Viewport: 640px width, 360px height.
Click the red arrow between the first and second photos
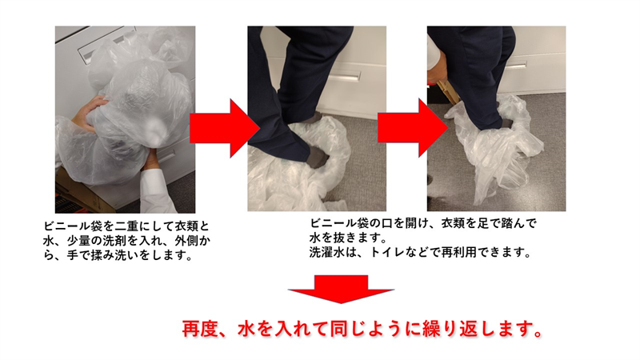click(225, 128)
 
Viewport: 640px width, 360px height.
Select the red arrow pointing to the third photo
click(412, 128)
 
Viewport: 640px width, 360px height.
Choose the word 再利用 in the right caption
click(454, 252)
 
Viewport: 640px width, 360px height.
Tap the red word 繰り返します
click(476, 329)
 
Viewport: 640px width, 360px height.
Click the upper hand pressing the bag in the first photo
click(89, 113)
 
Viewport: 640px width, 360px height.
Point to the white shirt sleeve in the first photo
click(157, 189)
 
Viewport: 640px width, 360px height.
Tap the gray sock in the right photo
click(506, 122)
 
